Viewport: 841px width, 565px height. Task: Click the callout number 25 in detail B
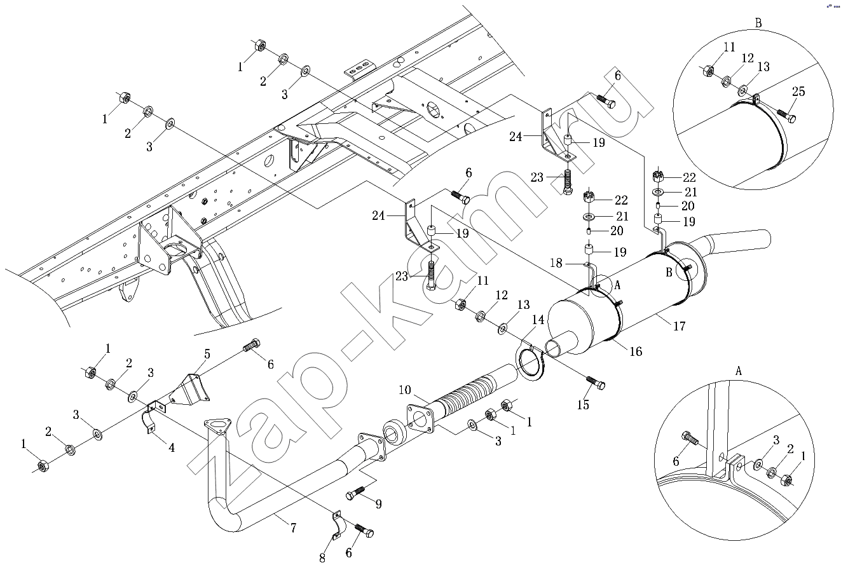pos(798,92)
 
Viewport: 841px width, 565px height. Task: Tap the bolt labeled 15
pos(596,383)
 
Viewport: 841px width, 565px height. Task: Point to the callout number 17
pos(679,326)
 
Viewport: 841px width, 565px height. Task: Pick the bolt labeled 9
pos(355,493)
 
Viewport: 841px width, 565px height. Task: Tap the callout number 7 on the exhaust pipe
pos(293,528)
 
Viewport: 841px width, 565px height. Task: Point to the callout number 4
pos(171,447)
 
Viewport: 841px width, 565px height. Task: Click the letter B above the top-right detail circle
pos(758,23)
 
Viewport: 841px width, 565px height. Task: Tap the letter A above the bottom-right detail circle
pos(738,371)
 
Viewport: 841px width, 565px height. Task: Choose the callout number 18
pos(556,263)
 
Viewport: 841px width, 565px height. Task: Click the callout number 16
pos(636,351)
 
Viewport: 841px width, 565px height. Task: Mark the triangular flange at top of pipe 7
pos(217,428)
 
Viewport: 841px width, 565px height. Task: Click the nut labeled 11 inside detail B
pos(708,70)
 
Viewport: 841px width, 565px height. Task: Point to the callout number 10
pos(405,390)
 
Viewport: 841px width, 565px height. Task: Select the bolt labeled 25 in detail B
pos(786,116)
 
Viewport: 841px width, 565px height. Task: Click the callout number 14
pos(538,320)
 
